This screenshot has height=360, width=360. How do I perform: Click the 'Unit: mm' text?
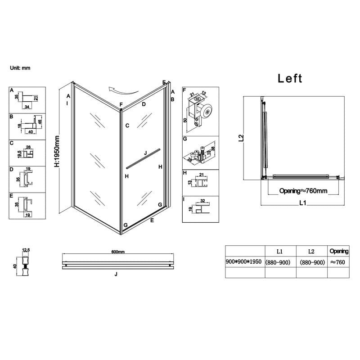tap(20, 68)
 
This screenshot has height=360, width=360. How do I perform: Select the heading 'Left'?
tap(290, 78)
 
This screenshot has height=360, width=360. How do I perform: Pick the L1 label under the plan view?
tap(302, 203)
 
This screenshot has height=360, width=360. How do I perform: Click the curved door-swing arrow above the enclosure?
tap(120, 90)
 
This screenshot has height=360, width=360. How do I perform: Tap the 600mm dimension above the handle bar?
tap(118, 252)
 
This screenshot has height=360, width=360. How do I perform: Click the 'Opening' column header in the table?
tap(339, 251)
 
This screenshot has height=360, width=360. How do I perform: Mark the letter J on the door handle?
tap(145, 153)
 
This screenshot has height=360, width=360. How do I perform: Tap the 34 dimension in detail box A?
tap(27, 107)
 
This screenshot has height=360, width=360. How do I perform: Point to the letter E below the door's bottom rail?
tap(152, 220)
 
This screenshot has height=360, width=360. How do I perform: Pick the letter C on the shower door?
tap(127, 126)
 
